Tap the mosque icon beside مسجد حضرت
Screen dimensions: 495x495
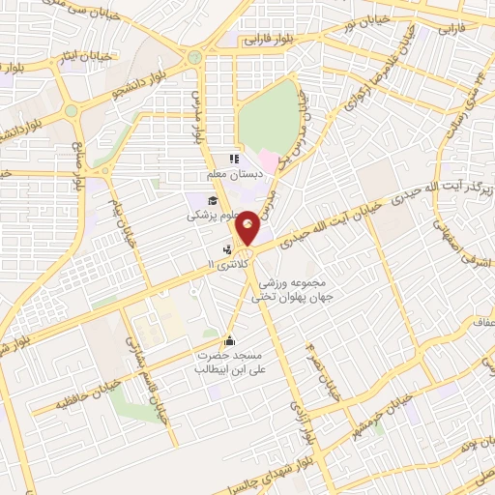[x=229, y=340]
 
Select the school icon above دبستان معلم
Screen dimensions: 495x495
[x=232, y=160]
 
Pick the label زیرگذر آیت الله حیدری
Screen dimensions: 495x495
[x=450, y=178]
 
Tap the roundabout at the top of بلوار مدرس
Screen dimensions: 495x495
[x=196, y=56]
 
